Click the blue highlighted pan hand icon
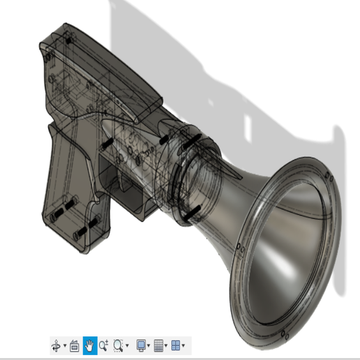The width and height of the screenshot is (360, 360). [89, 345]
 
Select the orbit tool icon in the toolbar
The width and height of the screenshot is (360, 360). [58, 345]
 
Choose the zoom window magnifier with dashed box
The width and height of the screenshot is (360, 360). [120, 345]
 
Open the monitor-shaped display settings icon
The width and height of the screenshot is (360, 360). [142, 345]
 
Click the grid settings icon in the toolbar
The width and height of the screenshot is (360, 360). [159, 345]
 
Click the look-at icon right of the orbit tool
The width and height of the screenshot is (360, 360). [75, 345]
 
